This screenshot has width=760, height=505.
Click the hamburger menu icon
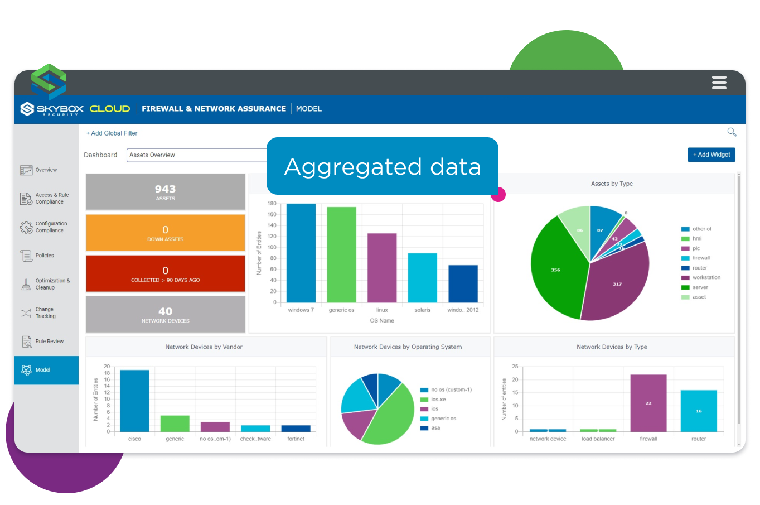click(x=719, y=83)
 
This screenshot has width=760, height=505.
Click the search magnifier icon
click(x=732, y=132)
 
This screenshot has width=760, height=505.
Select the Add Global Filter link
click(x=112, y=133)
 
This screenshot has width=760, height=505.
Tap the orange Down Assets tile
click(x=165, y=233)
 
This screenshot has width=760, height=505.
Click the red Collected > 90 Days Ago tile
click(x=165, y=274)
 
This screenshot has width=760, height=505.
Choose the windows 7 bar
click(x=301, y=253)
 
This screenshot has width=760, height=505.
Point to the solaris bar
click(x=422, y=277)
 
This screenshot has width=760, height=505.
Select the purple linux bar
click(x=382, y=268)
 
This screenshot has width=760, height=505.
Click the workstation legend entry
click(x=706, y=278)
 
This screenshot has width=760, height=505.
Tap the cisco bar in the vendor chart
click(x=134, y=401)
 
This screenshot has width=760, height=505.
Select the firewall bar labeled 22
click(x=648, y=403)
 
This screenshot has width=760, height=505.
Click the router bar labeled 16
click(x=698, y=411)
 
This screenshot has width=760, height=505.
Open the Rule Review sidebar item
click(x=49, y=342)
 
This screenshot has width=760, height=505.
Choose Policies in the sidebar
click(x=45, y=256)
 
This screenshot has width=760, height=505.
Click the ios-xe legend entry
click(x=438, y=400)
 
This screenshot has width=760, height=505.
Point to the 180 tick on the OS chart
click(x=272, y=204)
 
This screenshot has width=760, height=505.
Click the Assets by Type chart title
click(x=612, y=184)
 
